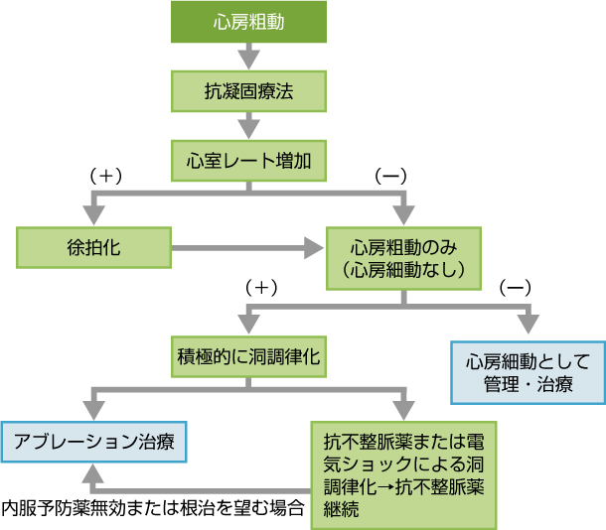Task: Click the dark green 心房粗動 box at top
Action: pyautogui.click(x=249, y=22)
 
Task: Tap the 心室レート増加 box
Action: pyautogui.click(x=249, y=160)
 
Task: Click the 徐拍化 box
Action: pyautogui.click(x=93, y=247)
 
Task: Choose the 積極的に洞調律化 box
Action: pyautogui.click(x=248, y=355)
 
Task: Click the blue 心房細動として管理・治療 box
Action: pyautogui.click(x=528, y=372)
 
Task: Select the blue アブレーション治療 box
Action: pyautogui.click(x=93, y=442)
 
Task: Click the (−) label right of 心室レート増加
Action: pyautogui.click(x=390, y=176)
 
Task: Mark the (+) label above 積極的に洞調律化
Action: pyautogui.click(x=259, y=287)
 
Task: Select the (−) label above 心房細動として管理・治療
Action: pyautogui.click(x=515, y=287)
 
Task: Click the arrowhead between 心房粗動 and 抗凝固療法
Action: pyautogui.click(x=249, y=61)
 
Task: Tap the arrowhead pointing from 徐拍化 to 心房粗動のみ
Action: pyautogui.click(x=317, y=247)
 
